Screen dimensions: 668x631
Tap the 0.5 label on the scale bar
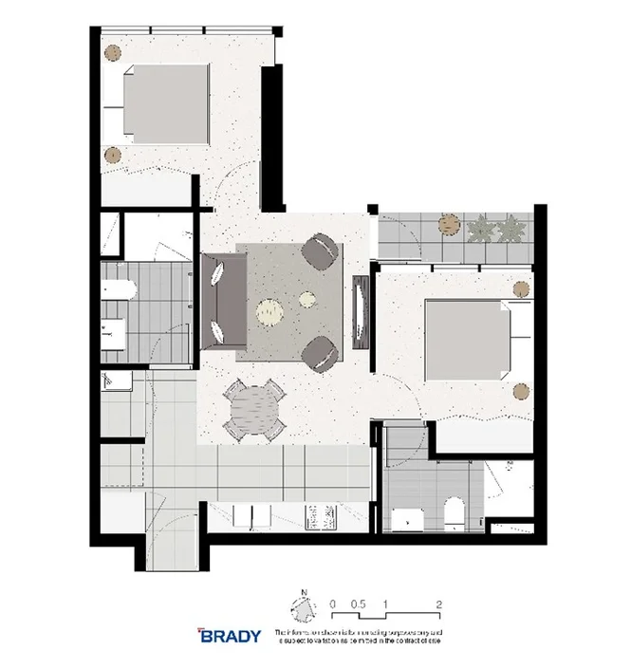click(x=359, y=603)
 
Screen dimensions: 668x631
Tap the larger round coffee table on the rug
click(x=270, y=309)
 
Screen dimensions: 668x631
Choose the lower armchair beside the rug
click(x=320, y=352)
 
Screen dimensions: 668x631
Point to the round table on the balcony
click(x=449, y=226)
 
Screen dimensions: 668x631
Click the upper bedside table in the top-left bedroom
click(x=113, y=53)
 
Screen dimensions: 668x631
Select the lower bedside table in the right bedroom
click(x=519, y=389)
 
